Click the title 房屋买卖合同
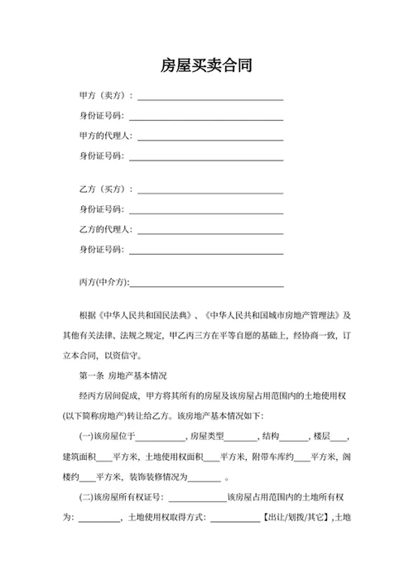pyautogui.click(x=206, y=65)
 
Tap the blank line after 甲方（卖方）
pyautogui.click(x=210, y=98)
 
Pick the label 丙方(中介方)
pyautogui.click(x=104, y=282)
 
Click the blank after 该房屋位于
pyautogui.click(x=161, y=438)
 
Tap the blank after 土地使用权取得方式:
pyautogui.click(x=236, y=520)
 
